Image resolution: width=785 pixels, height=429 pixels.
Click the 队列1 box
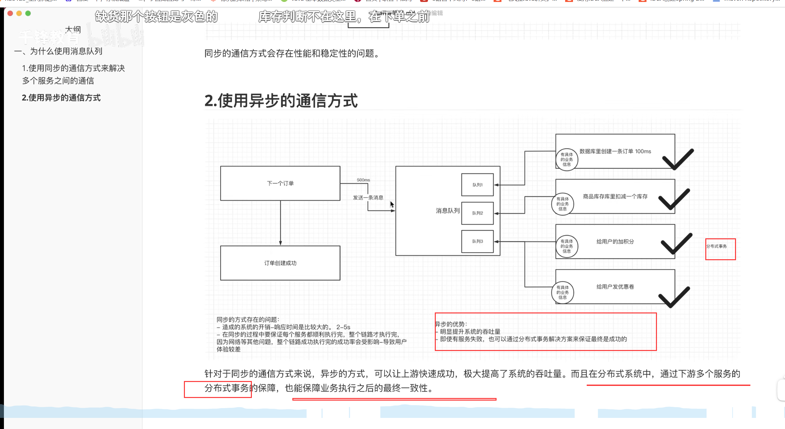coord(477,185)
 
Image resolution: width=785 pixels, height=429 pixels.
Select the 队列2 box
coord(477,213)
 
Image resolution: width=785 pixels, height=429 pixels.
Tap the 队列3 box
coord(477,242)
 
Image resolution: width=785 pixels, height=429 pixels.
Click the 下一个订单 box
coord(280,183)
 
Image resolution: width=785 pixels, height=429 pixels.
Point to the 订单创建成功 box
coord(280,263)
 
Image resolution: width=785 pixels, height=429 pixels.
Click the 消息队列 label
coord(447,211)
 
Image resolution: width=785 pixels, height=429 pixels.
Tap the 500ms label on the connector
coord(363,180)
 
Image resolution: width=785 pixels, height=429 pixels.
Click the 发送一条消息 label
coord(368,198)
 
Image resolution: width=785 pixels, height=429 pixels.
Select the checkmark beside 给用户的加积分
coord(676,244)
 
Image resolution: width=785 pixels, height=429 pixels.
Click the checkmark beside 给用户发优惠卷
coord(674,297)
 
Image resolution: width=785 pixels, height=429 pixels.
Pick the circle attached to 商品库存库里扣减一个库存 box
coord(562,204)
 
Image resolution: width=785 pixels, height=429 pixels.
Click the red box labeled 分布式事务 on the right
coord(720,249)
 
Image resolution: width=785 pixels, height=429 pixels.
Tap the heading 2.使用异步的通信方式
coord(281,101)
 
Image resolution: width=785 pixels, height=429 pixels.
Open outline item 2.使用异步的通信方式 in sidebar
coord(61,98)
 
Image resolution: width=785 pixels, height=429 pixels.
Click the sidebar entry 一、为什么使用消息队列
coord(58,51)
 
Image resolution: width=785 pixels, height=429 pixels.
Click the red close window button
coord(10,13)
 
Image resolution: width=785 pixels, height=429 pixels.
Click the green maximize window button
coord(28,13)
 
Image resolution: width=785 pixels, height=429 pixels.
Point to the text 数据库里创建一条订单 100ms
coord(615,151)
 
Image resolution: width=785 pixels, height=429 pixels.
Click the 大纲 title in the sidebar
coord(73,30)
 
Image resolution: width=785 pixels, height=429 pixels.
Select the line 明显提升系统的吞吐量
coord(470,332)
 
